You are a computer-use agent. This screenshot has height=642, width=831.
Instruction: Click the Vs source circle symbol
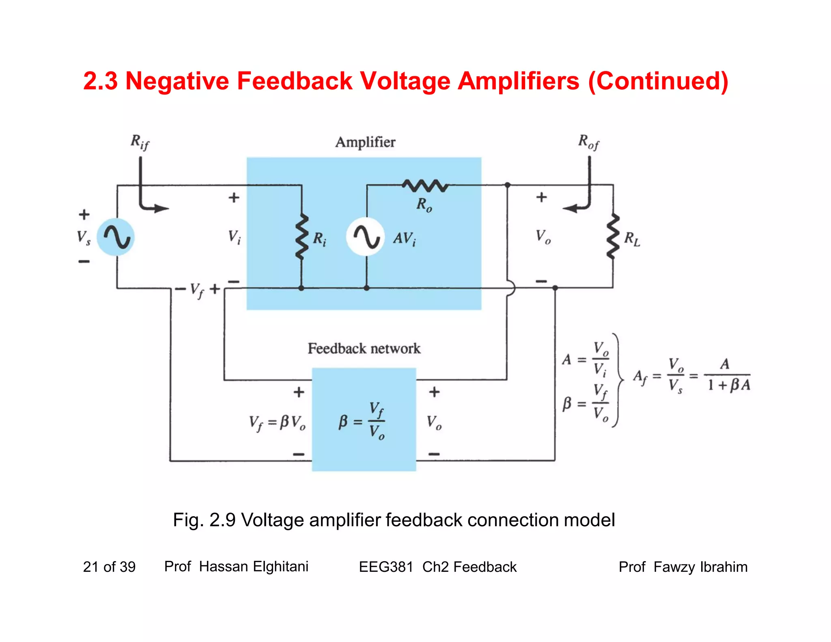(x=116, y=237)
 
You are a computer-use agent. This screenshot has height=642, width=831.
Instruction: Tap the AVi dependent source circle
(x=365, y=237)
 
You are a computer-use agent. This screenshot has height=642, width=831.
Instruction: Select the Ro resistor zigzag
(x=425, y=185)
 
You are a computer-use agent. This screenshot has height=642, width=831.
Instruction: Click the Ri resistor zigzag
(x=301, y=236)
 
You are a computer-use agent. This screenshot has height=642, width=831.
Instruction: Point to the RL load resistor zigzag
(x=613, y=236)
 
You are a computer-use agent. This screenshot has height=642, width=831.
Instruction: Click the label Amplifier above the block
(x=365, y=142)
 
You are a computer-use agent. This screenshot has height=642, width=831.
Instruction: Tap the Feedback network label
(x=364, y=349)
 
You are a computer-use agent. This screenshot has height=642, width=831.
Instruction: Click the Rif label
(x=140, y=142)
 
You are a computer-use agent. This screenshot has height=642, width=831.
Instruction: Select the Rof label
(x=588, y=142)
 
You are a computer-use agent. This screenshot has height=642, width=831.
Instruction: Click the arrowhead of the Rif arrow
(x=162, y=209)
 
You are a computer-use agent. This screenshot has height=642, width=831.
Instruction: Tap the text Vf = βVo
(x=277, y=423)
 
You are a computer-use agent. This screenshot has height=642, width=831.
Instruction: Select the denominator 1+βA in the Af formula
(x=729, y=385)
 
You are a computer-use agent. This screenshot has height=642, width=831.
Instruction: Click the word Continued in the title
(x=658, y=81)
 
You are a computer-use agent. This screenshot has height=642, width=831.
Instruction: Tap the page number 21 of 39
(x=109, y=567)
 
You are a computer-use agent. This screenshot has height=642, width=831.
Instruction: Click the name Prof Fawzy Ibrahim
(x=683, y=567)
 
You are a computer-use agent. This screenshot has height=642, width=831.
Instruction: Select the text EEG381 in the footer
(x=386, y=567)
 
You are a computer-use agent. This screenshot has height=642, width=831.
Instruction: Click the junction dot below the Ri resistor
(x=301, y=288)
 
